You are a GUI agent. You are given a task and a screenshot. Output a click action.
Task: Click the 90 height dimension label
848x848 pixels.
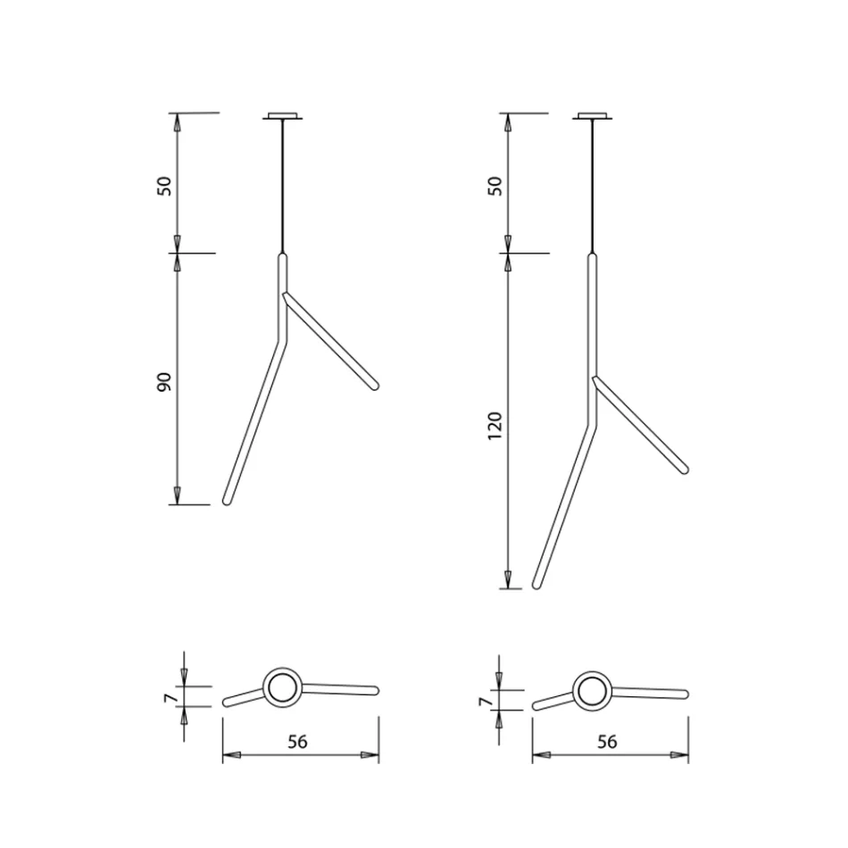pyautogui.click(x=163, y=382)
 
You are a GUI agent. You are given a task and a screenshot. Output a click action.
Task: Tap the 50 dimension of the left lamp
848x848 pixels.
pyautogui.click(x=163, y=187)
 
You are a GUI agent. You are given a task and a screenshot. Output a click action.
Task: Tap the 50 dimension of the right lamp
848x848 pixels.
pyautogui.click(x=495, y=186)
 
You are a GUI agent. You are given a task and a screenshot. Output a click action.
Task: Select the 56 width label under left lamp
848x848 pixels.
pyautogui.click(x=300, y=741)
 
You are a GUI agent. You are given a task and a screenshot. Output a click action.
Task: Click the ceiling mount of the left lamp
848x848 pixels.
pyautogui.click(x=283, y=115)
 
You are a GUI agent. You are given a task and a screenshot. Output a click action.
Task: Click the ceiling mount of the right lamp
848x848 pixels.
pyautogui.click(x=594, y=115)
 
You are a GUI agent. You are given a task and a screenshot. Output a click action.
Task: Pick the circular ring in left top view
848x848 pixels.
pyautogui.click(x=283, y=688)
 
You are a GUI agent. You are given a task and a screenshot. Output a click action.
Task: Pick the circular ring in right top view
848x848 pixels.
pyautogui.click(x=593, y=692)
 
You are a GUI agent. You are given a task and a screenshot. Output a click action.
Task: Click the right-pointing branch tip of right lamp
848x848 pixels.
pyautogui.click(x=684, y=467)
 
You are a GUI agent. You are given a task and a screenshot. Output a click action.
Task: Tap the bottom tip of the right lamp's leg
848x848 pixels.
pyautogui.click(x=536, y=585)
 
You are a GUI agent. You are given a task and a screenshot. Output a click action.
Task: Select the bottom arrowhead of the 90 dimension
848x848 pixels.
pyautogui.click(x=177, y=495)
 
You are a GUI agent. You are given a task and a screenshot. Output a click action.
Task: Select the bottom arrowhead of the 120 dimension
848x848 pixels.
pyautogui.click(x=508, y=579)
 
